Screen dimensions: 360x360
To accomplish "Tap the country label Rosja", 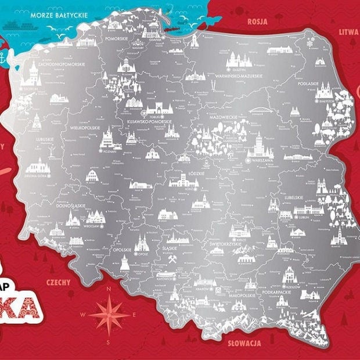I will point(257,21).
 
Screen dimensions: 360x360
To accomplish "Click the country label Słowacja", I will point(244,343).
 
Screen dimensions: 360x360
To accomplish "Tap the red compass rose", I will point(109,314).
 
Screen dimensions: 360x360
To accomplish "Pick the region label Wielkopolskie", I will point(84,128).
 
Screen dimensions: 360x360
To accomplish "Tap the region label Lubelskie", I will point(294,197).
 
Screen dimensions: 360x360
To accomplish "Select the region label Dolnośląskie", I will point(72,206).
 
